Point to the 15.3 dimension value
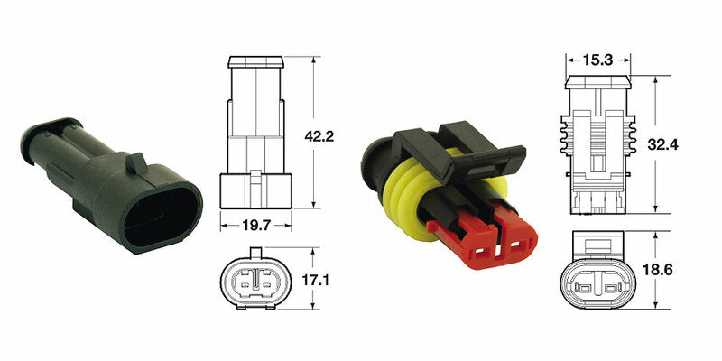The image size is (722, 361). (x=598, y=60)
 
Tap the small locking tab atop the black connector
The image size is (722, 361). (x=135, y=162)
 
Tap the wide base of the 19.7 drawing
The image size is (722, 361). (x=256, y=191)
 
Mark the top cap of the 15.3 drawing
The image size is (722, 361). (x=597, y=84)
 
